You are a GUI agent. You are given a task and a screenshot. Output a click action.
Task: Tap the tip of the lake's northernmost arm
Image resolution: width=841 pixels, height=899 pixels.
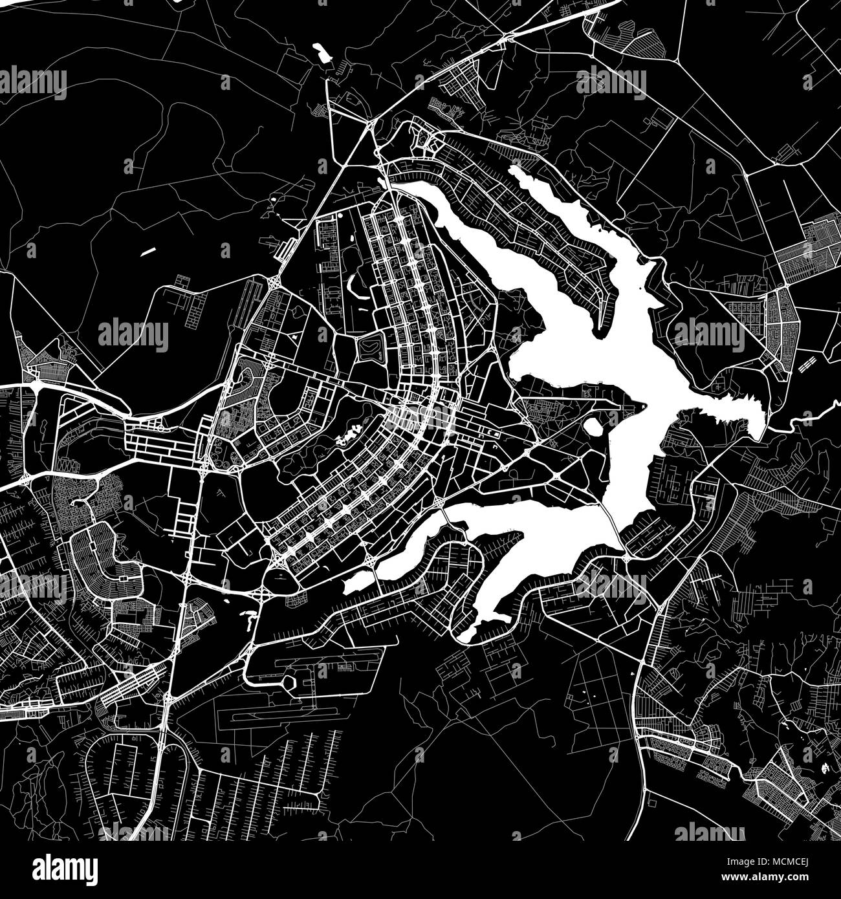point(515,170)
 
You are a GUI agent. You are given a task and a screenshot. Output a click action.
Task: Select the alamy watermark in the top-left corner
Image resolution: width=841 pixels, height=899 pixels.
point(34,82)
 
